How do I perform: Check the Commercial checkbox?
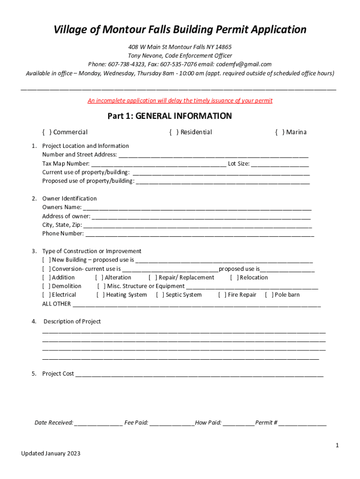46,132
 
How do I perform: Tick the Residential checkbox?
173,132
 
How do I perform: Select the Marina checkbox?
279,132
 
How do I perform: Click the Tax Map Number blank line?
158,164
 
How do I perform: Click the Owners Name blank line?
197,208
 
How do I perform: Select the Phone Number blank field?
200,234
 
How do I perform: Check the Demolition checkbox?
46,286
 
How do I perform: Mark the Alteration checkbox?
99,278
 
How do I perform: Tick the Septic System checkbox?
160,295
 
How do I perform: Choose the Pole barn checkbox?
269,295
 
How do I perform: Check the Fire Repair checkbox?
222,295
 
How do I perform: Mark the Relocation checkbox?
234,278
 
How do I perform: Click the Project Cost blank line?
199,374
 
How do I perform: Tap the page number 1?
337,445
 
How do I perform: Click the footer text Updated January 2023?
50,454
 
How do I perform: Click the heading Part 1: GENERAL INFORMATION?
170,116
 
